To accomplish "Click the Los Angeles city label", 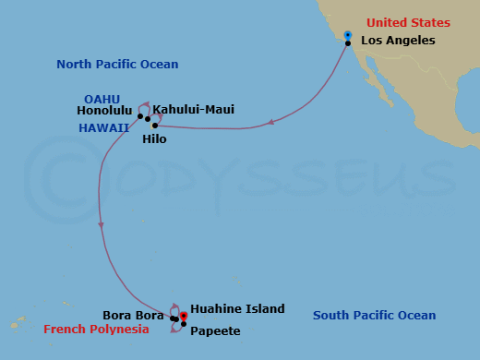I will click(x=398, y=41).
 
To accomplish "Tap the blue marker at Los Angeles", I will click(x=348, y=35).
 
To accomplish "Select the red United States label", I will click(x=408, y=23).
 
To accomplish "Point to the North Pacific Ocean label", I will click(x=117, y=65).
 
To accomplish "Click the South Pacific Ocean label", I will click(x=374, y=316).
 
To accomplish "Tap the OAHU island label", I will click(x=102, y=98).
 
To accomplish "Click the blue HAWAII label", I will click(x=104, y=127).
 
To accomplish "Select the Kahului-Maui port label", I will click(x=193, y=110).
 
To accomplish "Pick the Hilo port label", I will click(x=155, y=140).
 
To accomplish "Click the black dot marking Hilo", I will click(x=155, y=126).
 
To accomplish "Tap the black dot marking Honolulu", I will click(x=140, y=116).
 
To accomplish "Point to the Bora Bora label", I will click(x=134, y=315).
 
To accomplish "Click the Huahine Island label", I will click(x=237, y=309).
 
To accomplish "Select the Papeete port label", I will click(x=215, y=330).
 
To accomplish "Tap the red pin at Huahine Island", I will click(x=184, y=316).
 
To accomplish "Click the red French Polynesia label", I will click(x=96, y=330).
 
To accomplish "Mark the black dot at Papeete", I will click(x=184, y=323).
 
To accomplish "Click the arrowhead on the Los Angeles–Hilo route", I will click(x=270, y=122).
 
